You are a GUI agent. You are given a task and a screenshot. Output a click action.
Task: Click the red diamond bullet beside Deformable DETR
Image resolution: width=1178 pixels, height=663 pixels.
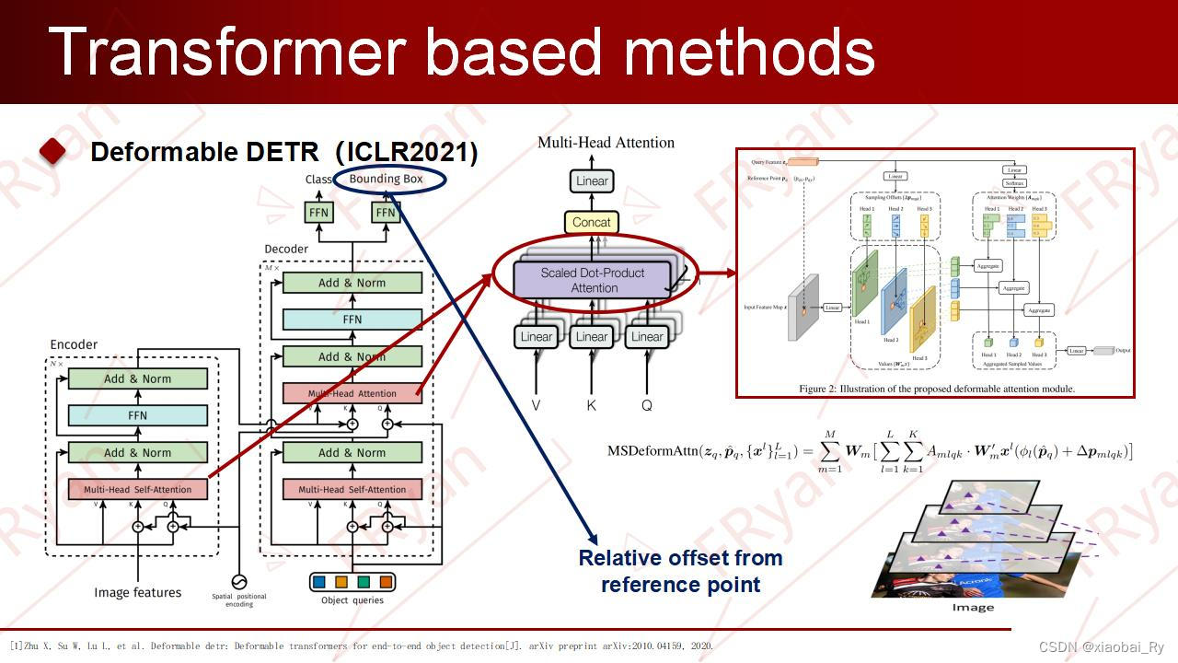tap(52, 152)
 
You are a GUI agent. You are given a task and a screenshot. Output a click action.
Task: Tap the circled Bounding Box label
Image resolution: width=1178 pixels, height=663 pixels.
tap(386, 179)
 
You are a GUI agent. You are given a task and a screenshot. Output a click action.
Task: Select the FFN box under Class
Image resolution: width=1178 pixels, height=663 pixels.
tap(318, 213)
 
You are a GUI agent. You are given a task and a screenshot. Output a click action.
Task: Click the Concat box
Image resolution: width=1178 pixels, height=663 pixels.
tap(591, 222)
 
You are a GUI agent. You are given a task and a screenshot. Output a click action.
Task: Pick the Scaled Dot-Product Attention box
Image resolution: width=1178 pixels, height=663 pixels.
tap(594, 280)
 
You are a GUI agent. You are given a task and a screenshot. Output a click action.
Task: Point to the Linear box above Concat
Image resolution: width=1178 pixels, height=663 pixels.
tap(592, 181)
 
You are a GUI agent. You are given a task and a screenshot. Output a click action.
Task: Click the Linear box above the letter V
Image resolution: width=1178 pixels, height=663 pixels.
tap(537, 337)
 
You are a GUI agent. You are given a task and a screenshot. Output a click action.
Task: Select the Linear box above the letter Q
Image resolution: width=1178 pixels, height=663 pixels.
tap(647, 337)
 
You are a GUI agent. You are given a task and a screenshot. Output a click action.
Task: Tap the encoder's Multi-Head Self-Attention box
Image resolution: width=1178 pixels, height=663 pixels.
tap(138, 489)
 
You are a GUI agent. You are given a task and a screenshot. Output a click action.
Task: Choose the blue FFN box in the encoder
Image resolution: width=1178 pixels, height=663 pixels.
tap(138, 415)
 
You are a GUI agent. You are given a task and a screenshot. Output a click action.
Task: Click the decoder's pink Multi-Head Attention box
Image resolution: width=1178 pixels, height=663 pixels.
tap(352, 393)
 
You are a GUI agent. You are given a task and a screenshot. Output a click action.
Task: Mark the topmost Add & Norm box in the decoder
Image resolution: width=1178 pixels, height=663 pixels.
tap(352, 283)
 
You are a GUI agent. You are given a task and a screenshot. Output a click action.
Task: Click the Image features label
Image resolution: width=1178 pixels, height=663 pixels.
tap(138, 592)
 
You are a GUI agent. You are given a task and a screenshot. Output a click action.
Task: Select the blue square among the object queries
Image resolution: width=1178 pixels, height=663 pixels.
tap(319, 582)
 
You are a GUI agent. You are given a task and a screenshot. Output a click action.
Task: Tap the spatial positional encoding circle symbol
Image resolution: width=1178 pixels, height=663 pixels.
tap(239, 582)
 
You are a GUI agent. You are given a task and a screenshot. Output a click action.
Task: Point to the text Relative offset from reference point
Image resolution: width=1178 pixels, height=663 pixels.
tap(680, 571)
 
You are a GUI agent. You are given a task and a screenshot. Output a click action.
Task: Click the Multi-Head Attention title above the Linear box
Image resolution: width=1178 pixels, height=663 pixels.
tap(606, 143)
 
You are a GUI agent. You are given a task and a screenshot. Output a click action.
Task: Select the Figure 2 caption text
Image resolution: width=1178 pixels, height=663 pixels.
tap(937, 389)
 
